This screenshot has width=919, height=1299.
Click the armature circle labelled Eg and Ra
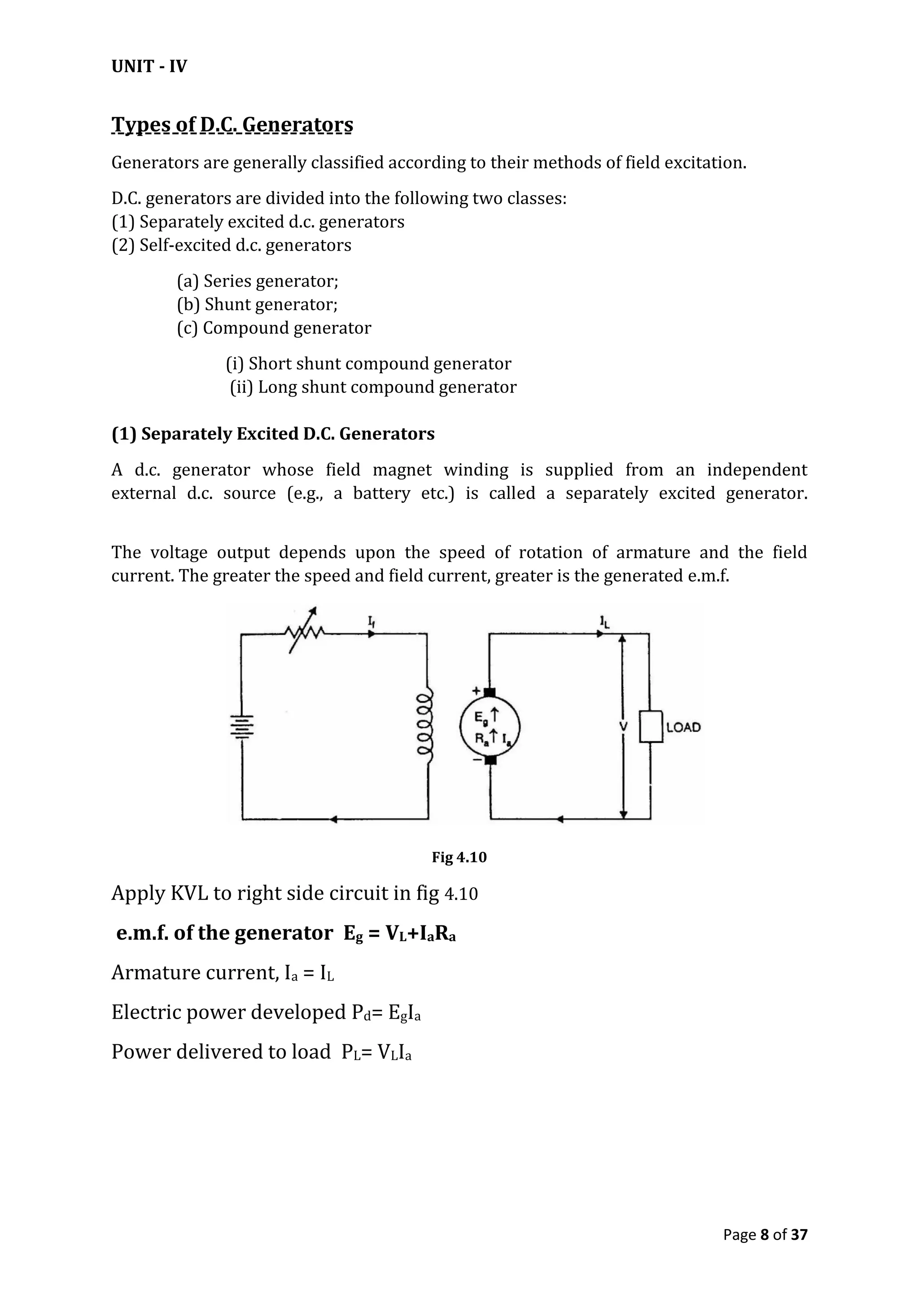coord(490,727)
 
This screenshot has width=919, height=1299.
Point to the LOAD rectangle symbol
coord(651,727)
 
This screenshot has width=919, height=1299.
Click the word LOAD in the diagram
coord(683,728)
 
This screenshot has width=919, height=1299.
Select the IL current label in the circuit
coord(605,622)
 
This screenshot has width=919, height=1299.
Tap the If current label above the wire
coord(372,622)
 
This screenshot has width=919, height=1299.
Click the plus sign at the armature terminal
coord(476,691)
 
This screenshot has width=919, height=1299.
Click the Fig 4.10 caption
coord(459,857)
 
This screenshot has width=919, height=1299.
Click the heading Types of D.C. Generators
coord(232,124)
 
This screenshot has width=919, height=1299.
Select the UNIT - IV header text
coord(149,67)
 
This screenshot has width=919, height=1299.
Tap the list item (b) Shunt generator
coord(258,305)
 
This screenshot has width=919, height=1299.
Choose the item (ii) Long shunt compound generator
coord(373,387)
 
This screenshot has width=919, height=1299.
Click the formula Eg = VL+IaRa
coord(399,933)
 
